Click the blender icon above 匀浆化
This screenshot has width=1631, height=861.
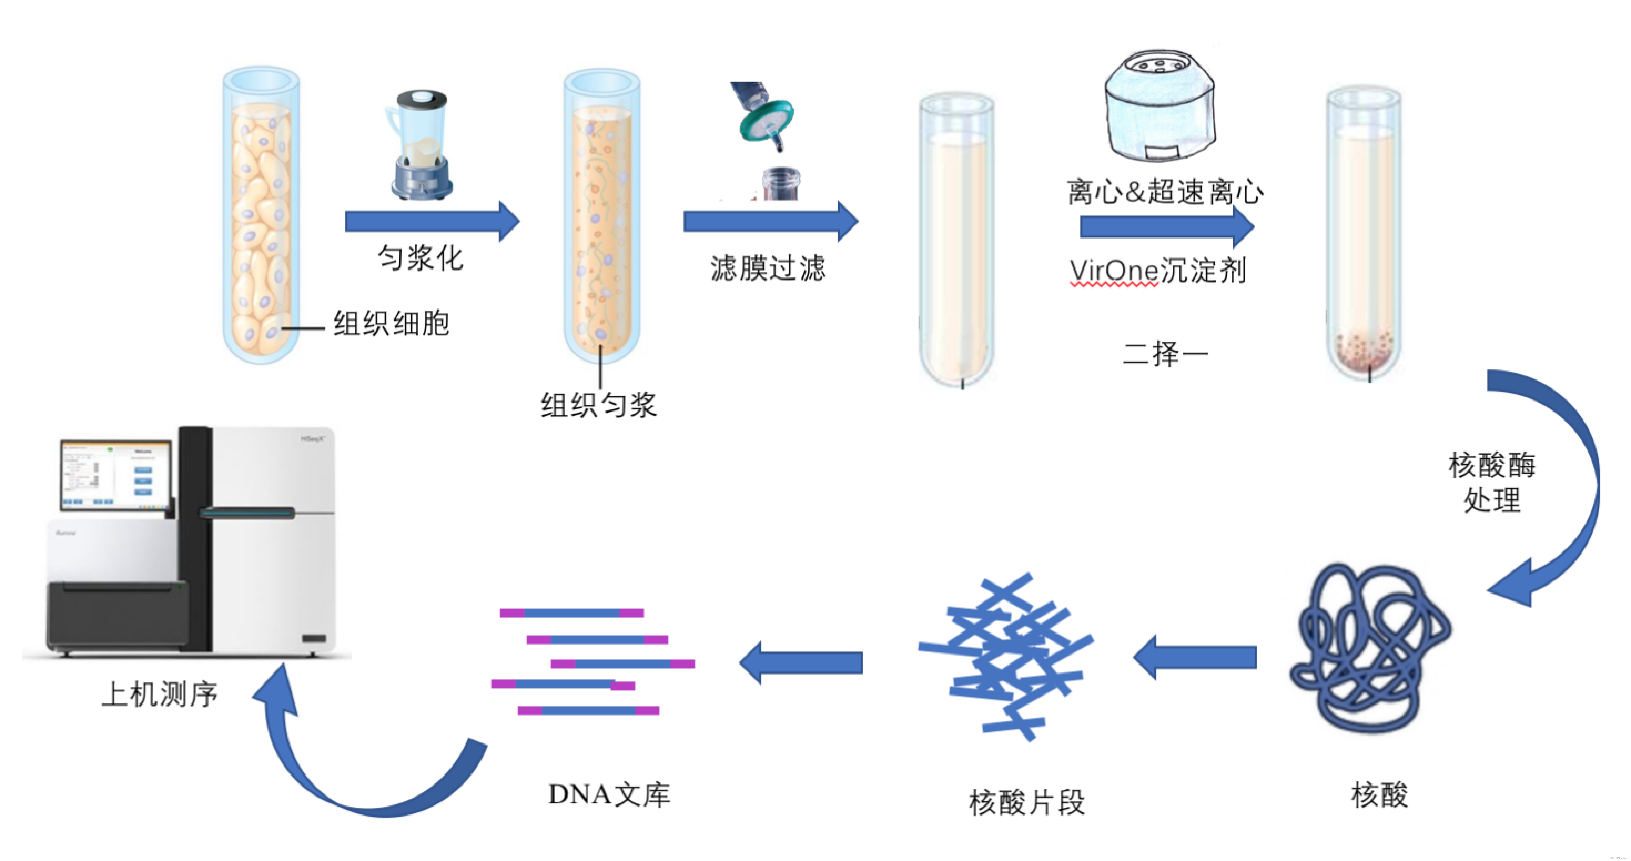420,146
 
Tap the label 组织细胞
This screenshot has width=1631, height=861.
391,323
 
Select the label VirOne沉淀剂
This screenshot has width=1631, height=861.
1157,271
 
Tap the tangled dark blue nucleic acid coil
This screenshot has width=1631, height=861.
1371,649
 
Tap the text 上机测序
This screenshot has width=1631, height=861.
160,694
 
